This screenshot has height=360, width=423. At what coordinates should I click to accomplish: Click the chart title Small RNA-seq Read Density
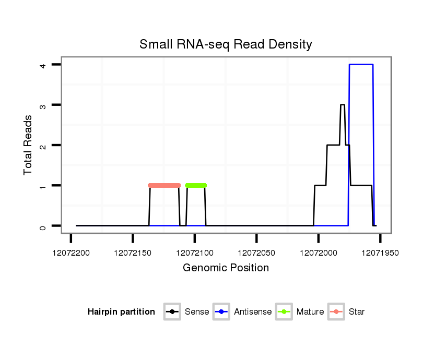[x=226, y=44]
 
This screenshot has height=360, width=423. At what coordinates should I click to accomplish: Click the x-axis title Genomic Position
[x=226, y=268]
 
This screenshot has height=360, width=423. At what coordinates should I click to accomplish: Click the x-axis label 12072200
[x=70, y=253]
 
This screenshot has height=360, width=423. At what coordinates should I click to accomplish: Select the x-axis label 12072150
[x=133, y=253]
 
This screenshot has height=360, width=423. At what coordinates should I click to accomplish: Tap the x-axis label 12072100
[x=194, y=253]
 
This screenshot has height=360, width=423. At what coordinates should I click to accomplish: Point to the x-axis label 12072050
[x=256, y=253]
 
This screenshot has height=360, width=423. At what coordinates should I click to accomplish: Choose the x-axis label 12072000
[x=318, y=253]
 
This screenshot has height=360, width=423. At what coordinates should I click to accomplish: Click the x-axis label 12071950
[x=380, y=253]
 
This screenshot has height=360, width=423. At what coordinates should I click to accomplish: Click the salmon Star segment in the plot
[x=164, y=185]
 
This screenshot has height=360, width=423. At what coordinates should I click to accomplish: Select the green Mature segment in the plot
[x=196, y=185]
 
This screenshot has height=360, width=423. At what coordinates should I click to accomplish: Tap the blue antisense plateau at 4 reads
[x=361, y=64]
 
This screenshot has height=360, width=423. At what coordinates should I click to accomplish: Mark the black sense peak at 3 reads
[x=343, y=105]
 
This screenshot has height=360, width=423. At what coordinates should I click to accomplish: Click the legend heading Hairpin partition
[x=121, y=312]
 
